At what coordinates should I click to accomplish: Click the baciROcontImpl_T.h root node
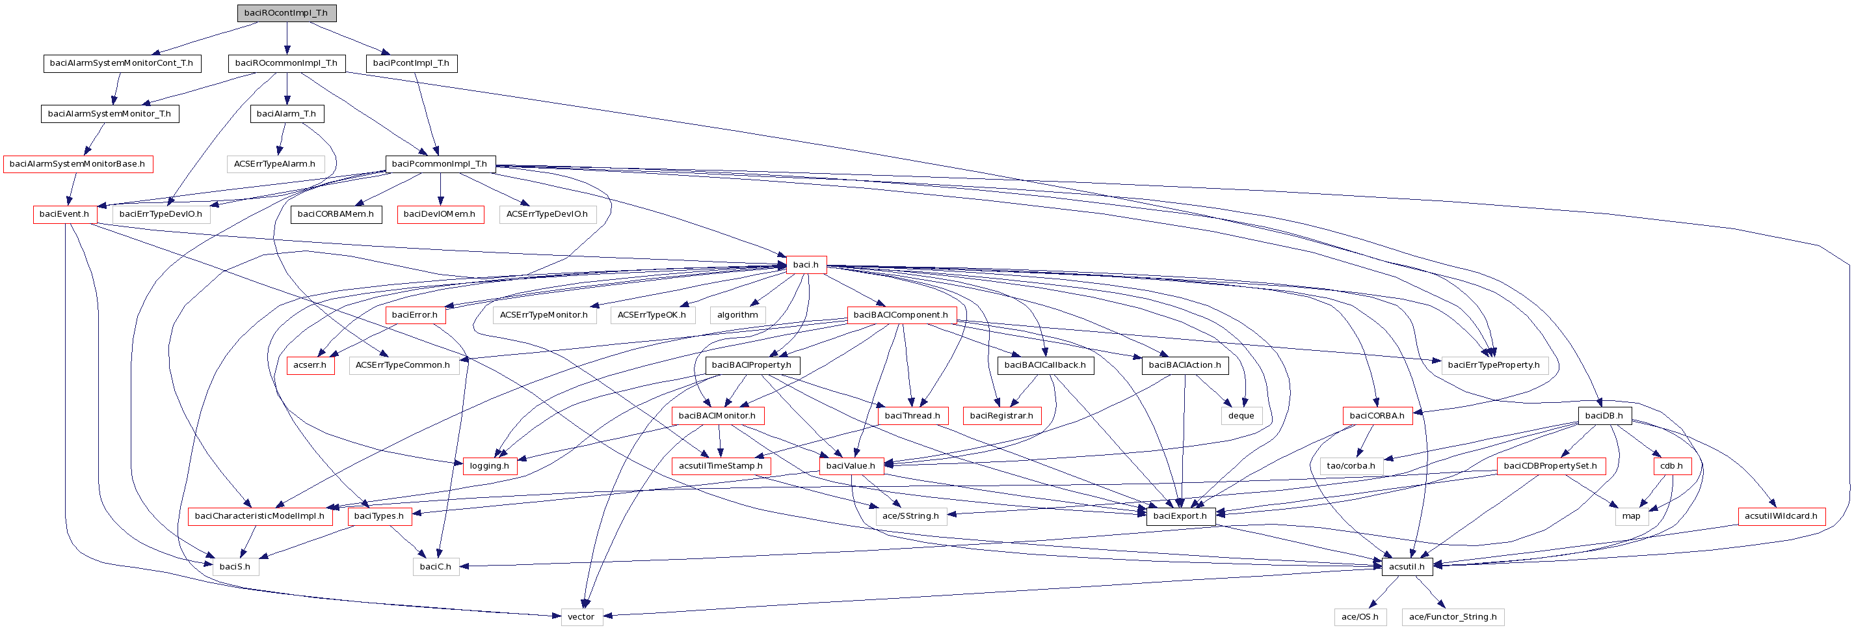tap(286, 13)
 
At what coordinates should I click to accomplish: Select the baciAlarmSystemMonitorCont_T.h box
tap(122, 63)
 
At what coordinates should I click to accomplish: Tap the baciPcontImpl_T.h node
tap(411, 63)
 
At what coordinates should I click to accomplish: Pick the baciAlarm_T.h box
tap(286, 114)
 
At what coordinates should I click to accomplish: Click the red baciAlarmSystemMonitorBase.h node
tap(78, 164)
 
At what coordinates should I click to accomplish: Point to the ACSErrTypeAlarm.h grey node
tap(275, 164)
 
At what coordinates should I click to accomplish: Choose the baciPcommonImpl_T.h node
tap(440, 164)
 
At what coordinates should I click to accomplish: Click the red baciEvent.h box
tap(65, 215)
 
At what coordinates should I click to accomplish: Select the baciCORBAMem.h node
tap(336, 215)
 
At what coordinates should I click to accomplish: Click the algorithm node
tap(737, 316)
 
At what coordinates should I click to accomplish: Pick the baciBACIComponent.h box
tap(901, 316)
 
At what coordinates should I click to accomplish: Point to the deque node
tap(1241, 416)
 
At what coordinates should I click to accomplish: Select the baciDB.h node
tap(1604, 416)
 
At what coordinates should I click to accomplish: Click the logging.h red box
tap(490, 466)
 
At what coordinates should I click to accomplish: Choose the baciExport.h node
tap(1180, 516)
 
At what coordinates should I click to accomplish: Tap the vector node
tap(581, 617)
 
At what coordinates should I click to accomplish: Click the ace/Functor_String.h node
tap(1452, 617)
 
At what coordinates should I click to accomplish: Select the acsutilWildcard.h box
tap(1781, 516)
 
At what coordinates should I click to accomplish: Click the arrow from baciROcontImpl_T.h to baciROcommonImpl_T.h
tap(286, 38)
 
